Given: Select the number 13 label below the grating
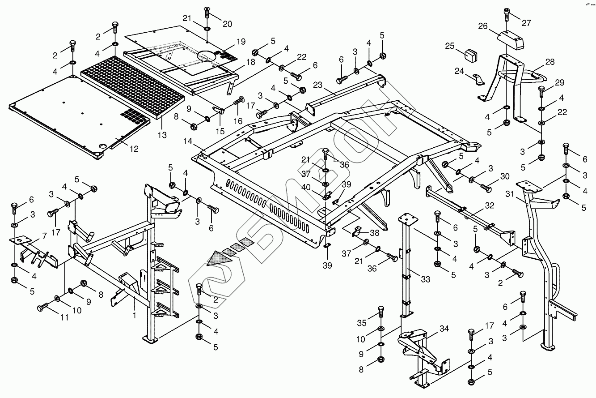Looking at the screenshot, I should (x=161, y=134).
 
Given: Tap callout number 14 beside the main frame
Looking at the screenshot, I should (x=188, y=141).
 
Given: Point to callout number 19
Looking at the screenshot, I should (x=241, y=42).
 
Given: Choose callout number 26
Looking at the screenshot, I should (x=482, y=26).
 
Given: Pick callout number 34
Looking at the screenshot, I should (x=444, y=329).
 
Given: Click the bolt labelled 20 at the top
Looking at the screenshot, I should (x=207, y=15).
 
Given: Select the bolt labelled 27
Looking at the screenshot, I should (x=506, y=15).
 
